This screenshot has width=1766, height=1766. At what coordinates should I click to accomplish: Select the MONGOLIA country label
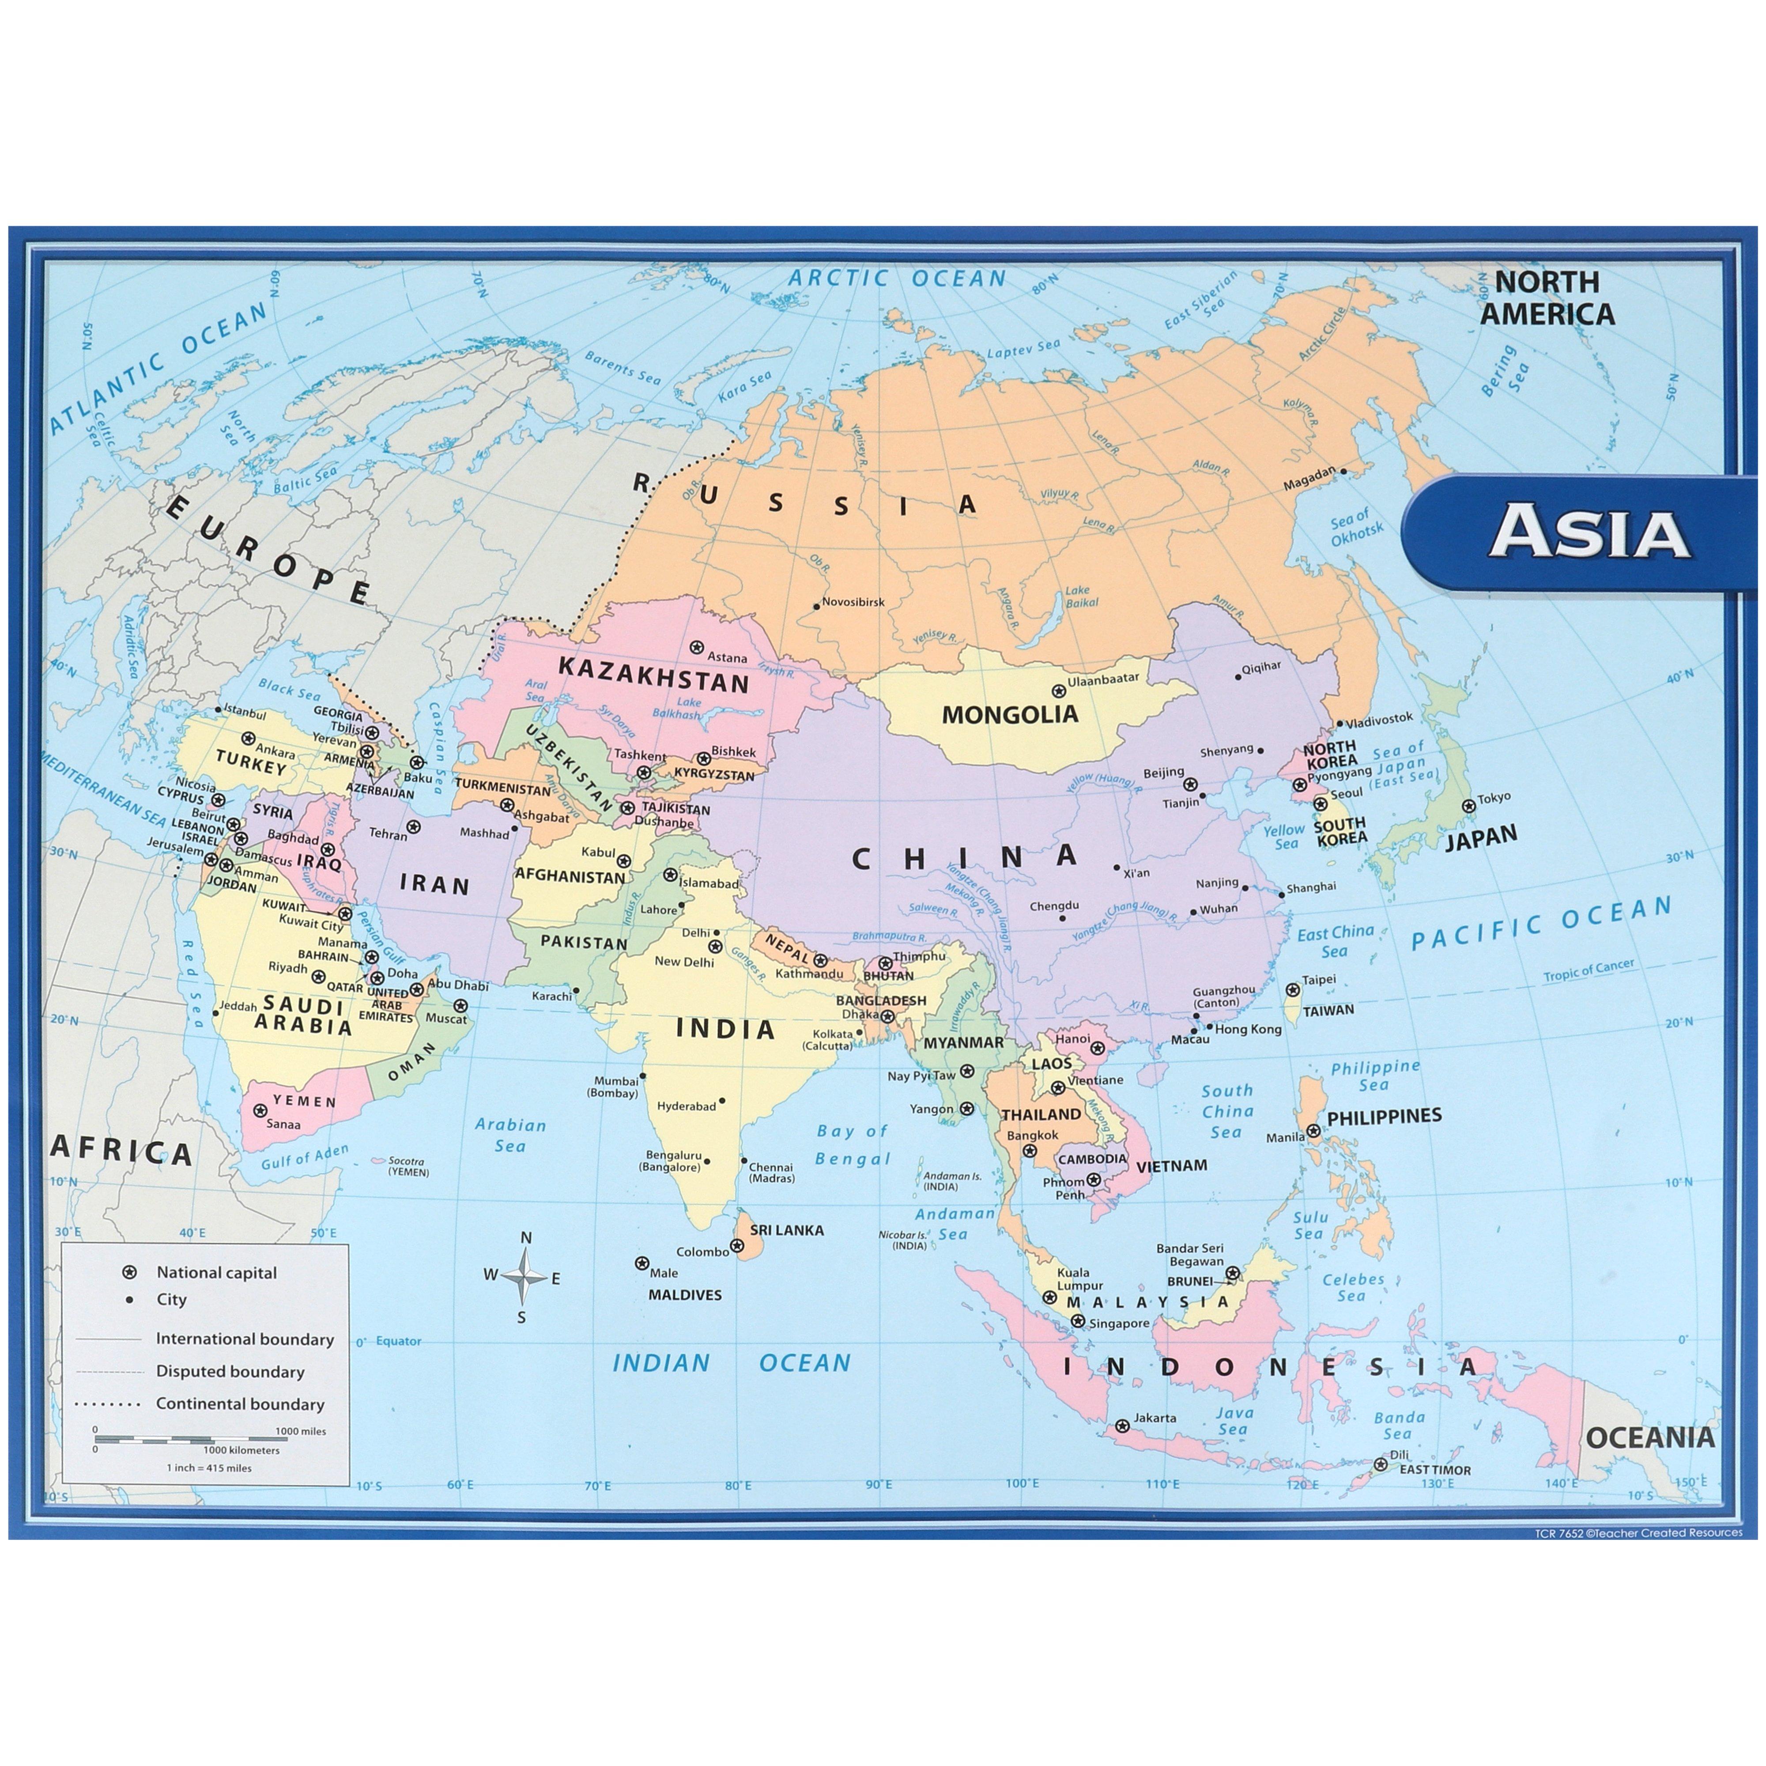coord(1010,714)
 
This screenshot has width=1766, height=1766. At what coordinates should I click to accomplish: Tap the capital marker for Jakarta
coord(1122,1426)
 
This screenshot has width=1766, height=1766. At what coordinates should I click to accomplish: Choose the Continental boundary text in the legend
coord(239,1404)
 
